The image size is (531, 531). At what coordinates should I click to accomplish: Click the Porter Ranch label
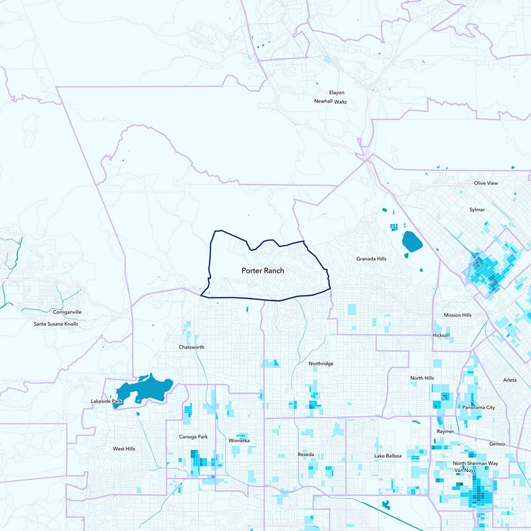[x=264, y=271]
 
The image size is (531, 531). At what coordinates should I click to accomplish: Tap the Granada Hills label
[x=371, y=259]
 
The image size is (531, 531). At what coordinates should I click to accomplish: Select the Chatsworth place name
[x=192, y=347]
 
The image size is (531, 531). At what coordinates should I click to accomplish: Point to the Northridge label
[x=322, y=364]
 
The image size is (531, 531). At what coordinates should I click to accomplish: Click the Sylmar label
[x=477, y=210]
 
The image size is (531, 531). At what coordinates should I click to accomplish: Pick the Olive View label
[x=485, y=183]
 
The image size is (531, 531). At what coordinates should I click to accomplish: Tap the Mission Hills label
[x=457, y=315]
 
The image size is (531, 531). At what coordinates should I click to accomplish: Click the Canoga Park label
[x=194, y=437]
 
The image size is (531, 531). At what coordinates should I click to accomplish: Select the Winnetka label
[x=239, y=440]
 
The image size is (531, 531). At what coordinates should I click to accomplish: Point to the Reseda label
[x=306, y=454]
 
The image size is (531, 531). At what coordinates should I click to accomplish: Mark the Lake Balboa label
[x=388, y=456]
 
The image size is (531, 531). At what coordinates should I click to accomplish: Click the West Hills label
[x=123, y=449]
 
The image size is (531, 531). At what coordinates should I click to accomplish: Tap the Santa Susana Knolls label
[x=56, y=324]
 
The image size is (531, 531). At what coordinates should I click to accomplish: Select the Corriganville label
[x=67, y=311]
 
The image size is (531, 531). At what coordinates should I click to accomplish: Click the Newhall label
[x=323, y=102]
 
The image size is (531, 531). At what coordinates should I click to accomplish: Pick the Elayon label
[x=337, y=92]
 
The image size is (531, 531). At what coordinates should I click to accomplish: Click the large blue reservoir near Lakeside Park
[x=146, y=388]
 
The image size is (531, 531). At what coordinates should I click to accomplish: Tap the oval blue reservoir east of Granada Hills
[x=412, y=243]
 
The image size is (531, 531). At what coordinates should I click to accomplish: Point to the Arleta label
[x=510, y=380]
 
